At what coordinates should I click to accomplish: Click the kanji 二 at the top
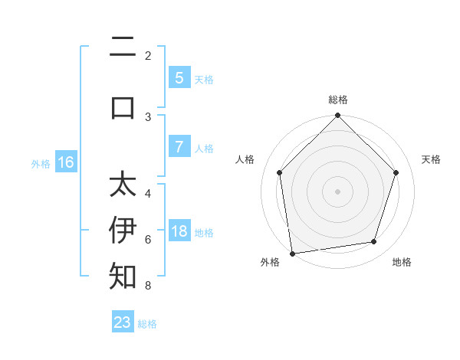(123, 48)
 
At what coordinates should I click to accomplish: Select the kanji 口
(123, 107)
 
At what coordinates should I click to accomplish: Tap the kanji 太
(123, 185)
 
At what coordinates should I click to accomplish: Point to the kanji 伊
(123, 229)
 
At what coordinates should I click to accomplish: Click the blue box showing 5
(179, 77)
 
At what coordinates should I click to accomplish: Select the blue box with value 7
(179, 147)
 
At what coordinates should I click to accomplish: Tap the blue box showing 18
(179, 231)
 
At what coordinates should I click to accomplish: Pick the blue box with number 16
(66, 162)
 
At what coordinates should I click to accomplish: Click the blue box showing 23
(123, 322)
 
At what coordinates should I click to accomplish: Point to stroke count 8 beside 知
(148, 286)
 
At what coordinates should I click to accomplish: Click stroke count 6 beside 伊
(148, 239)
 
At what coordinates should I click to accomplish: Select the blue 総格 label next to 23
(147, 324)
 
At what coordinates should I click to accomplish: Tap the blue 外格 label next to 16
(41, 163)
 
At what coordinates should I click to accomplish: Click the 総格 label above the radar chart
(337, 100)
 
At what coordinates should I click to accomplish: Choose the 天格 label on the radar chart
(431, 159)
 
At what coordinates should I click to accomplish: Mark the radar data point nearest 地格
(374, 242)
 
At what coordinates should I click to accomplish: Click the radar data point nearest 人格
(279, 172)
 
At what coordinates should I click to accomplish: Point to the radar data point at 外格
(292, 253)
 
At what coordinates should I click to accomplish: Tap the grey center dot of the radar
(337, 191)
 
